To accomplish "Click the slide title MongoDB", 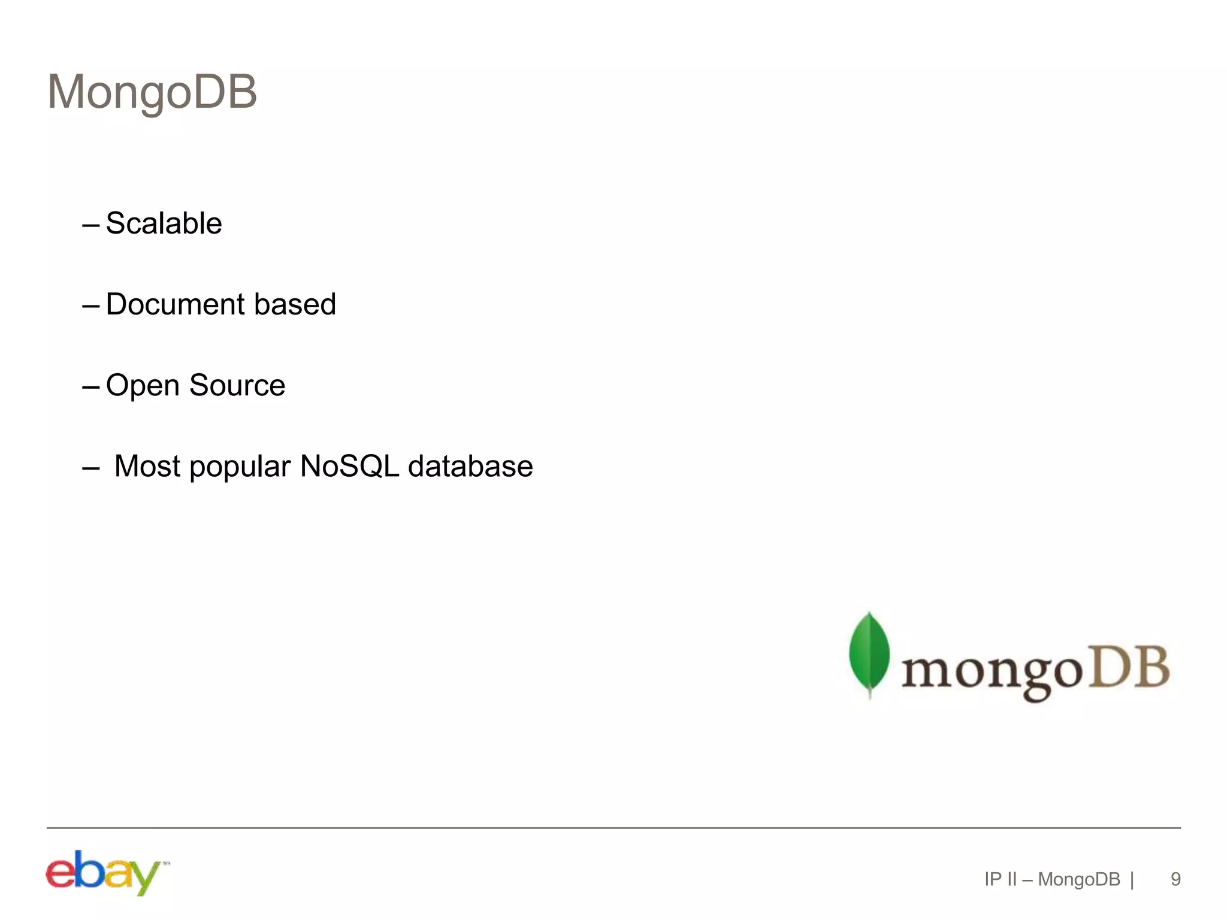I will coord(152,92).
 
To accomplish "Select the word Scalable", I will coord(164,223).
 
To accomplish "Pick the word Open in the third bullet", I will coord(143,386).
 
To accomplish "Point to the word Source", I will coord(237,385).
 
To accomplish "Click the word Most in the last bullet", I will coord(147,466).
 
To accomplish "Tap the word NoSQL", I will coord(349,466).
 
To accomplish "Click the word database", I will coord(470,466).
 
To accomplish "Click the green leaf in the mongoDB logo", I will coord(869,653).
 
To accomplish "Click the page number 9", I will coord(1175,879).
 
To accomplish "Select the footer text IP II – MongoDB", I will coord(1052,879).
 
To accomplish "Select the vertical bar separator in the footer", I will coord(1132,880).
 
